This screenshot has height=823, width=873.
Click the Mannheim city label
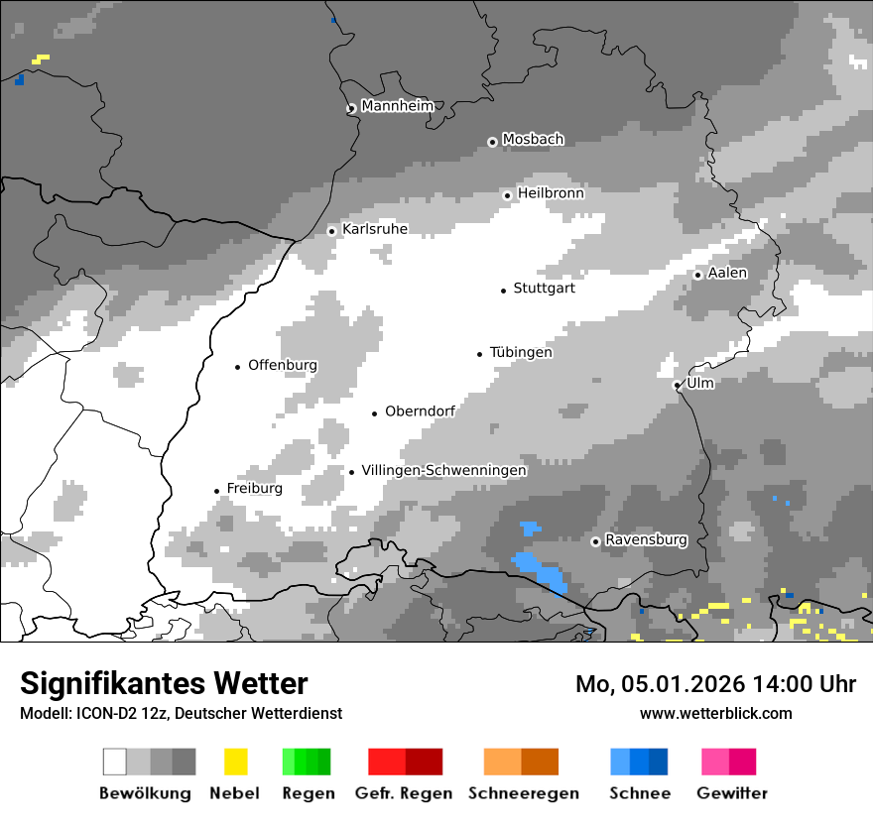397,106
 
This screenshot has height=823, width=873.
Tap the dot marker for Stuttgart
503,290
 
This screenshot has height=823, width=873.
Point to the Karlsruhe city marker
332,231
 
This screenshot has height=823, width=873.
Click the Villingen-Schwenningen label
443,470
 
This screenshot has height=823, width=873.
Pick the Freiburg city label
254,489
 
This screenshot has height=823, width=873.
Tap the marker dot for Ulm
677,385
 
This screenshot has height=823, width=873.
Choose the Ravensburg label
646,540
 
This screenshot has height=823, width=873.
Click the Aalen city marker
697,275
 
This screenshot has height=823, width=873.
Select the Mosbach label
533,140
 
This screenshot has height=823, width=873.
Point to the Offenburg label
283,365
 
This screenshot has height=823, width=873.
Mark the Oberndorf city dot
374,413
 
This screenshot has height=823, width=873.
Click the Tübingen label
521,352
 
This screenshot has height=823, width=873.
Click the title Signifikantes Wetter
164,683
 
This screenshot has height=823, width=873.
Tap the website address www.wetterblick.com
715,713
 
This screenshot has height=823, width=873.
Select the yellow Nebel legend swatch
235,762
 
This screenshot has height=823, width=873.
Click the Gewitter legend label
732,793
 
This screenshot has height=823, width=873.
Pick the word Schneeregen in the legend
523,793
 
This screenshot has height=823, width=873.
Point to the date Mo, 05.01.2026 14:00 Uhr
715,684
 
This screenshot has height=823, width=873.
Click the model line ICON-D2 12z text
181,713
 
